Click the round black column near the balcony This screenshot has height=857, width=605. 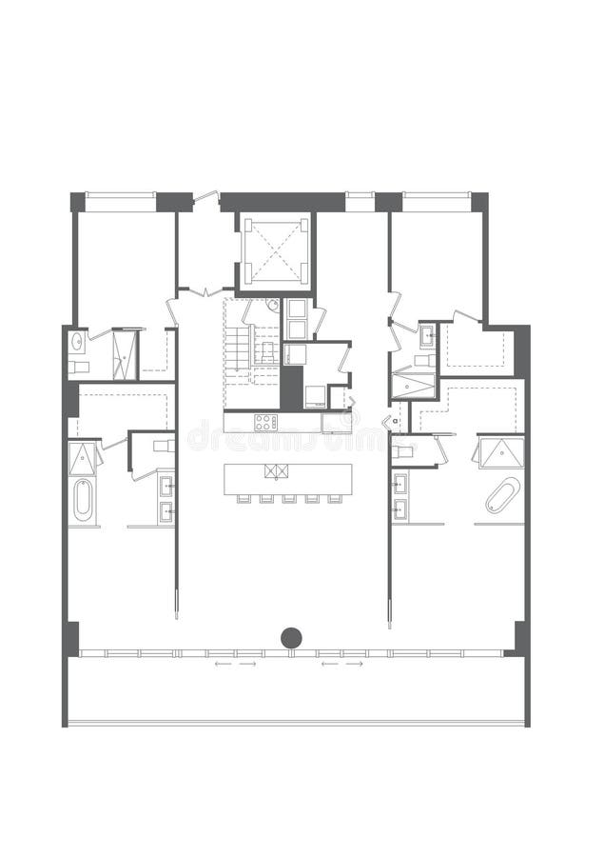pos(291,638)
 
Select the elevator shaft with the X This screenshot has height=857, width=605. pos(276,250)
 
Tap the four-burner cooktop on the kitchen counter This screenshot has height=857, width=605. pos(265,422)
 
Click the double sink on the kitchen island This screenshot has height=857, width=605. pos(275,470)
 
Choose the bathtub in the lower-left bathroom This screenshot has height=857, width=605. pos(84,500)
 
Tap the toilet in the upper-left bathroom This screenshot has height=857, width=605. pos(79,367)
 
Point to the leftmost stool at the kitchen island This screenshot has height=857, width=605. pos(238,498)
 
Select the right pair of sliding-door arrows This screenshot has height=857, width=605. pos(342,664)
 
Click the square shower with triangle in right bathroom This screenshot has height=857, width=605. pos(500,453)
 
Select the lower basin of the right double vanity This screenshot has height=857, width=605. pos(400,509)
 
